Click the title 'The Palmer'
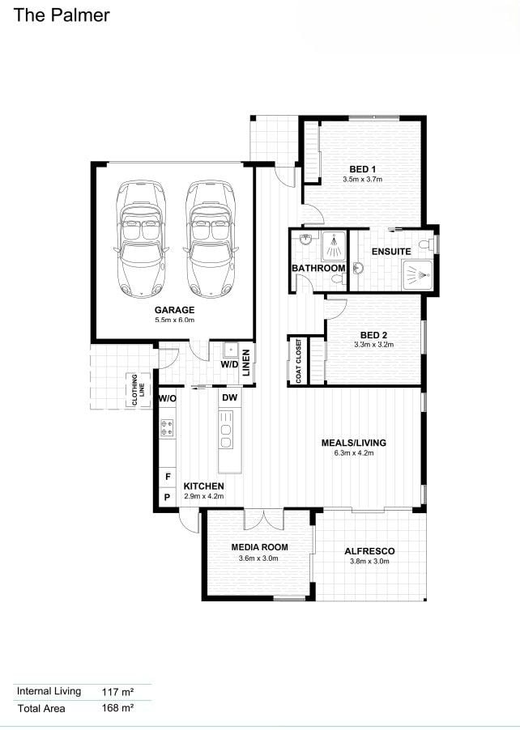tap(62, 15)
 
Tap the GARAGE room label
tap(175, 310)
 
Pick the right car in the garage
tap(209, 239)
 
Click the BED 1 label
tap(363, 169)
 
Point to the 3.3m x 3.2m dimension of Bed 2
tap(373, 345)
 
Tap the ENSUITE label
tap(391, 252)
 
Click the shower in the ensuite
tap(417, 276)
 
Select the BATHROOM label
tap(318, 268)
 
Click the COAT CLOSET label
tap(299, 361)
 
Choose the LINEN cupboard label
tap(246, 363)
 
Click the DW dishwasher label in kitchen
tap(230, 397)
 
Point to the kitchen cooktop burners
tap(167, 428)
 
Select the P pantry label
tap(168, 497)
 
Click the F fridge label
tap(168, 477)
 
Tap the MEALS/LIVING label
tap(354, 443)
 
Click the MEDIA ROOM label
tap(259, 547)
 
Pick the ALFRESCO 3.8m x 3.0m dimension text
tap(369, 562)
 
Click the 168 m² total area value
tap(118, 708)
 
